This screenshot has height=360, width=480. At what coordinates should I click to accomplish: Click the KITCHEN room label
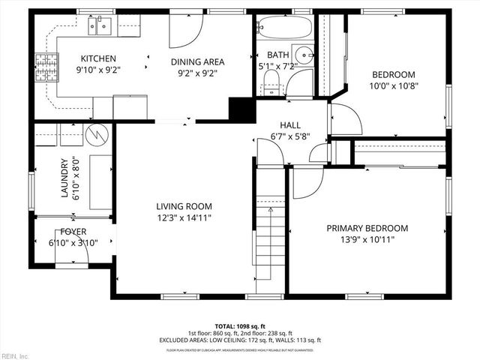(x=98, y=58)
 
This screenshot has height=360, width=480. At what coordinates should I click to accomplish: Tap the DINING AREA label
(x=198, y=62)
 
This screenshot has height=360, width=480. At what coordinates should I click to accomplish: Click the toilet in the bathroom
(x=271, y=83)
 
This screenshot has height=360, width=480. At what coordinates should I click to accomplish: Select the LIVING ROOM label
(x=184, y=206)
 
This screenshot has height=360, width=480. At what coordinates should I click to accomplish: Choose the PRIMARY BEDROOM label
(x=367, y=228)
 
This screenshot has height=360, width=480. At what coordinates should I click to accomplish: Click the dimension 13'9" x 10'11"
(x=367, y=239)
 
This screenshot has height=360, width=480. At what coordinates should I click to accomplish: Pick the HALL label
(x=290, y=125)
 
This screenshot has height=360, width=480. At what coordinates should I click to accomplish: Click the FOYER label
(x=73, y=232)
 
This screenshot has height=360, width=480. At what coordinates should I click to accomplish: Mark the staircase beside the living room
(x=270, y=240)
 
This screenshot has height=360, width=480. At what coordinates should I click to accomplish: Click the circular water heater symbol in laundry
(x=98, y=135)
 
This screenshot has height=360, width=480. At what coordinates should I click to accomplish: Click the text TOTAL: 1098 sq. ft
(x=240, y=327)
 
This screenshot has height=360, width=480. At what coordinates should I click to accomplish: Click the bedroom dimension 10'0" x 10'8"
(x=394, y=85)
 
